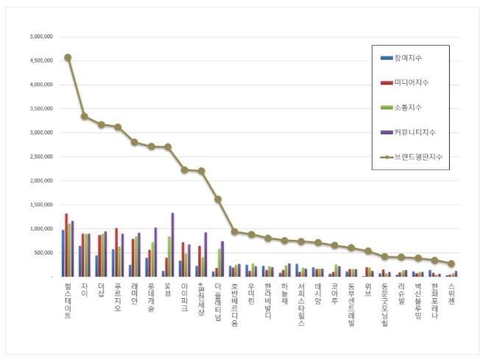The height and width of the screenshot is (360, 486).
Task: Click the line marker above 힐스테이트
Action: (68, 57)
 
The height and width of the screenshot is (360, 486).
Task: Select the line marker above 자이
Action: (85, 116)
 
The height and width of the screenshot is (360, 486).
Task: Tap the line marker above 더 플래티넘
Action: (218, 199)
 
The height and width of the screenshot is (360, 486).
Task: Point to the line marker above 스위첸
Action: (451, 264)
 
